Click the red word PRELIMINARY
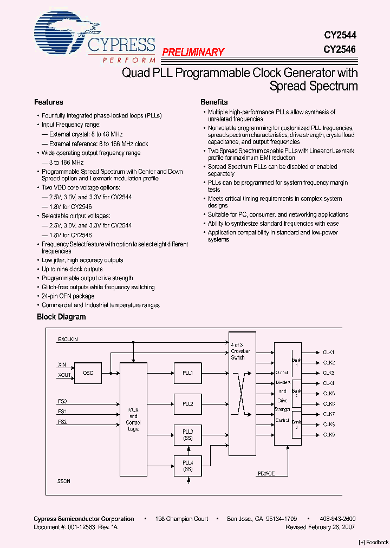pos(193,53)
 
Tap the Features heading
pos(49,102)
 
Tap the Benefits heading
pos(214,102)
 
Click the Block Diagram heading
pos(61,317)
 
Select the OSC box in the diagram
pos(88,373)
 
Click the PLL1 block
pos(188,373)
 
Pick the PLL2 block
pos(188,403)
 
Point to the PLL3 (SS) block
pos(188,434)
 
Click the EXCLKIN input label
pos(68,340)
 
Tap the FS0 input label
pos(62,401)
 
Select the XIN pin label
pos(62,365)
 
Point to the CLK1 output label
pos(329,353)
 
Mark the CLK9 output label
pos(329,435)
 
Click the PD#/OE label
pos(265,473)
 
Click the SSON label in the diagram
pos(64,481)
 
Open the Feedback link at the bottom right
pos(373,542)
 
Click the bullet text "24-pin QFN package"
pos(68,296)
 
